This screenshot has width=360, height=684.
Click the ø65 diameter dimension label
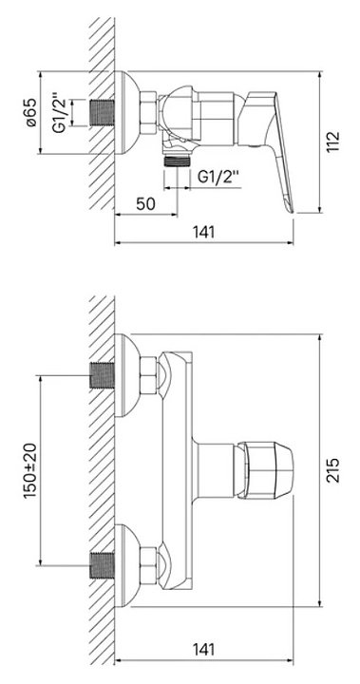tap(30, 112)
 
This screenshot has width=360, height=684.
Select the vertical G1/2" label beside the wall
tap(59, 113)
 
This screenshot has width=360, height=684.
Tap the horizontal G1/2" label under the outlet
tap(218, 177)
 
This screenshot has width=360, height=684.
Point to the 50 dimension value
tap(145, 203)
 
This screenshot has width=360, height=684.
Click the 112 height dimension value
tap(333, 142)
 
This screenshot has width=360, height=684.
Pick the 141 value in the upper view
tap(204, 232)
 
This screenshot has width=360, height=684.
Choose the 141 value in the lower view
tap(204, 649)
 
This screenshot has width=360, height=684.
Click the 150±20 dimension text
tap(30, 470)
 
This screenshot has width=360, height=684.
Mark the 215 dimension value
tap(333, 470)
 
